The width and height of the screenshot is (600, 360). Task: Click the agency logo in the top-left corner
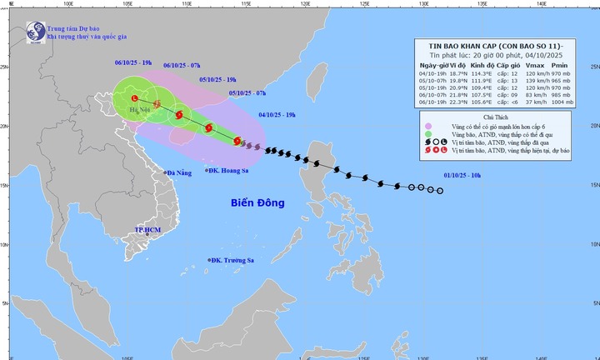(x=37, y=31)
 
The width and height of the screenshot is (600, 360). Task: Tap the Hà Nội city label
(x=140, y=109)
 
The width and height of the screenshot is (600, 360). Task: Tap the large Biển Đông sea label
(x=258, y=203)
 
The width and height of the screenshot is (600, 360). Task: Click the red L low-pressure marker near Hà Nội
(x=133, y=98)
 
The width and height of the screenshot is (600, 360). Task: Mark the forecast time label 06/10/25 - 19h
(x=132, y=62)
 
